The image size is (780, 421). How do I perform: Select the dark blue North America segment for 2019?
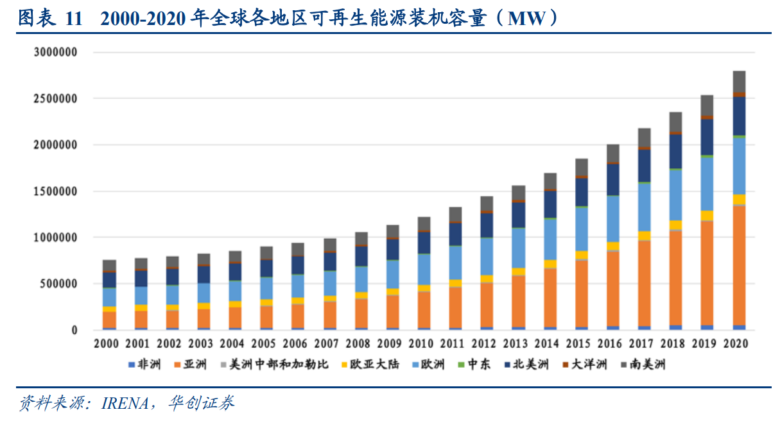point(707,137)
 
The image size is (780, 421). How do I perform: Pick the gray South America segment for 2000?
point(110,266)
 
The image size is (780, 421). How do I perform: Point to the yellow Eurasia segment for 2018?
point(676,225)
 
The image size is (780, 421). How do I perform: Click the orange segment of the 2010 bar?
point(424,309)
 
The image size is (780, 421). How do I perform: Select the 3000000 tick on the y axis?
point(55,53)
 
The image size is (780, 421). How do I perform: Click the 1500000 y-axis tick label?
point(55,191)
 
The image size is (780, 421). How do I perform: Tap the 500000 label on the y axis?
point(59,284)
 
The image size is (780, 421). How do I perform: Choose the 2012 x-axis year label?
point(487,344)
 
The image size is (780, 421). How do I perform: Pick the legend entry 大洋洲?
point(593,365)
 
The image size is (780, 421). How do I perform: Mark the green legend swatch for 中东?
point(461,365)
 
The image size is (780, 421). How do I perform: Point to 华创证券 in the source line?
point(201,403)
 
